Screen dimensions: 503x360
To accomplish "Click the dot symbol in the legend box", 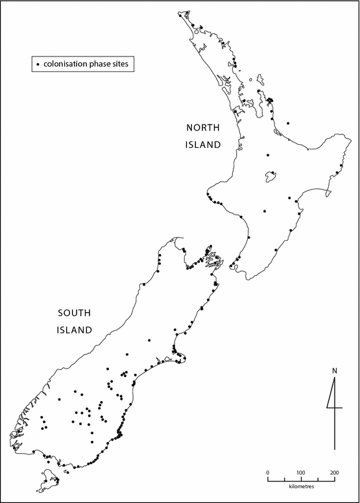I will [x=38, y=64].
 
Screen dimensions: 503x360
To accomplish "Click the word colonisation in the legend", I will [x=68, y=64].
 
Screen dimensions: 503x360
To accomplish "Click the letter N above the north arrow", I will [x=334, y=371].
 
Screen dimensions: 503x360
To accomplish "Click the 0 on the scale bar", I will [x=268, y=472].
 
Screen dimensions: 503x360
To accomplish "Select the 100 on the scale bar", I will [x=301, y=472].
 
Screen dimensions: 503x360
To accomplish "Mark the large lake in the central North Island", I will [x=267, y=177].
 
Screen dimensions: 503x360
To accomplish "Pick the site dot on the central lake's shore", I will [x=274, y=173].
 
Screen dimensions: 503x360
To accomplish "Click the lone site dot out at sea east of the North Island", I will [x=288, y=123].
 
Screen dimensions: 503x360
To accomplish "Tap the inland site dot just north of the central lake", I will [x=267, y=155].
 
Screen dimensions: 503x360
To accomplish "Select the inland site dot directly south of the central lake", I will [x=265, y=210].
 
